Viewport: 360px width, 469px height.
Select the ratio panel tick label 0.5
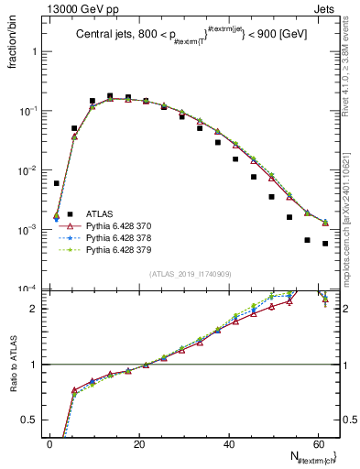click(x=33, y=420)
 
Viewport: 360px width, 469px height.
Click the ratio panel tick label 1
click(x=37, y=365)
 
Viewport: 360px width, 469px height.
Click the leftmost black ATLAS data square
click(x=57, y=183)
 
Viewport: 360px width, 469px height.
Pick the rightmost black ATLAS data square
click(x=325, y=244)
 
